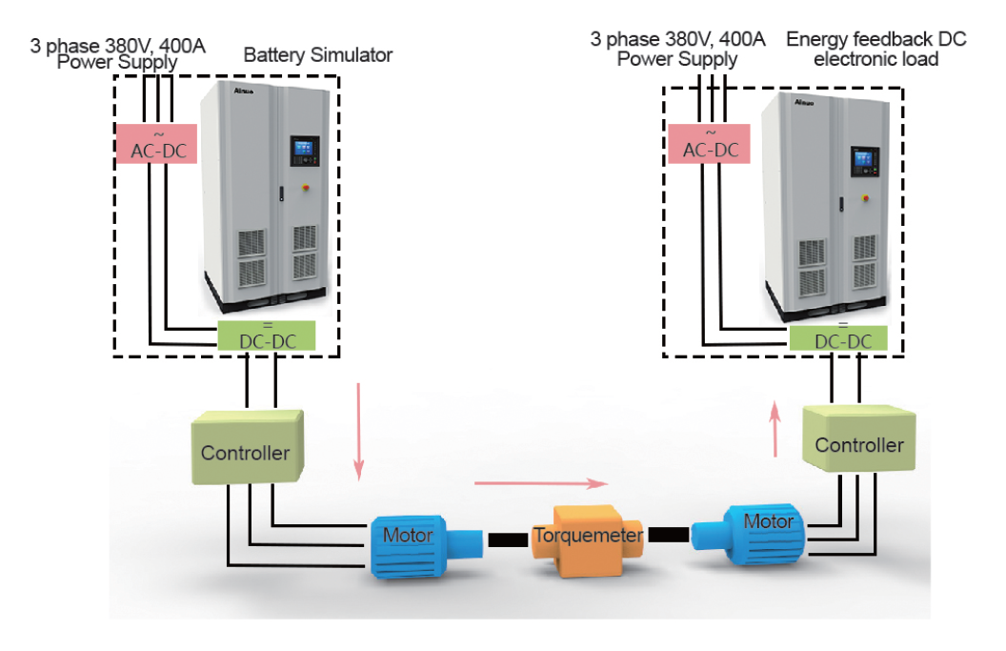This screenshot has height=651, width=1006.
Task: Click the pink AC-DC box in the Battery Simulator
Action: [x=156, y=144]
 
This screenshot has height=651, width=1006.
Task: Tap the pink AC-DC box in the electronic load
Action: [x=710, y=144]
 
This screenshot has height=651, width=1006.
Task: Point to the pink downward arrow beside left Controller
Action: [x=358, y=430]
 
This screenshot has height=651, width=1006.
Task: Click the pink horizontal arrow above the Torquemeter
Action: [x=540, y=483]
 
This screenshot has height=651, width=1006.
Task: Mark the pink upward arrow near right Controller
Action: [x=776, y=429]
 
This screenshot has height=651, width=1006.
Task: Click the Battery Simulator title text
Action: [x=318, y=55]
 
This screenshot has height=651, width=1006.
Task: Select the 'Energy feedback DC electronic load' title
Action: [x=875, y=49]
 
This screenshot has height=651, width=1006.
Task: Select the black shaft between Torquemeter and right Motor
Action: [x=668, y=535]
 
